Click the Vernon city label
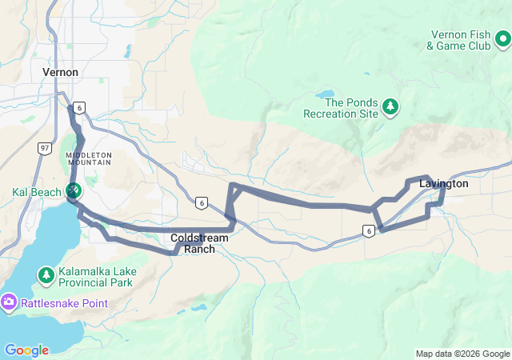60,72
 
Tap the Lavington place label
444,184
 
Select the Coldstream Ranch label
200,243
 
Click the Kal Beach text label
35,192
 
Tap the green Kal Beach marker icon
73,190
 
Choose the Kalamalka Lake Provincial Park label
97,277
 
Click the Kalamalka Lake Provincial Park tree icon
46,277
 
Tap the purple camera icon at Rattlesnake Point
9,302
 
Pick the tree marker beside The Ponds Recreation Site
390,106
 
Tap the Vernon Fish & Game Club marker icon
502,38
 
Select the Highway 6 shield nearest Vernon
78,106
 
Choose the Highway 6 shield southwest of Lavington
368,231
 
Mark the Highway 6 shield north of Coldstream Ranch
201,202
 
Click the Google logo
26,350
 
